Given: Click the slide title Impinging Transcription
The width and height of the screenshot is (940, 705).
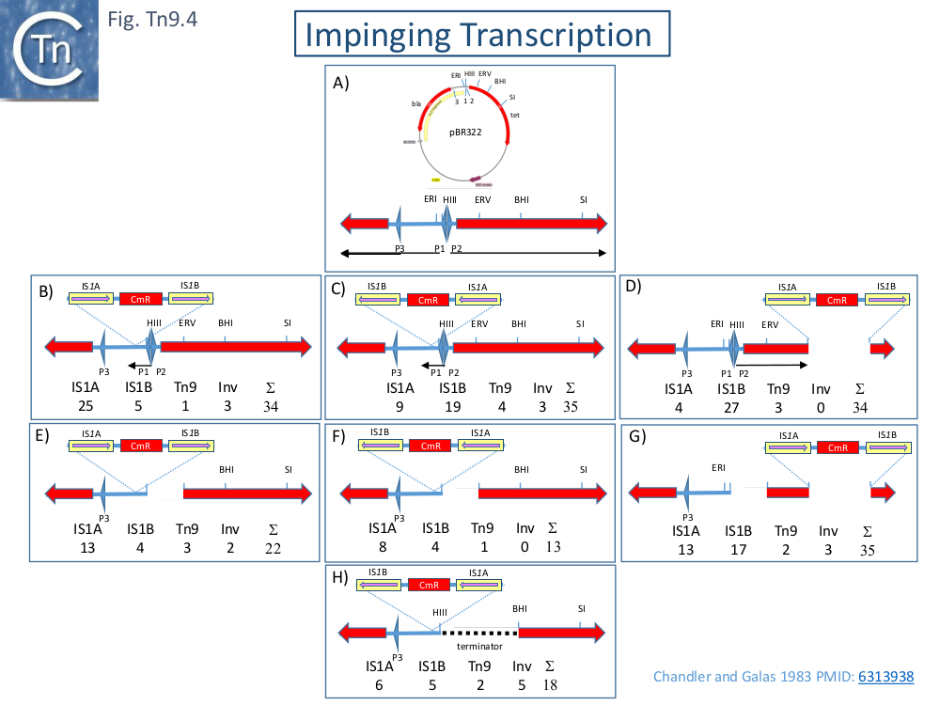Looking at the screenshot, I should (478, 35).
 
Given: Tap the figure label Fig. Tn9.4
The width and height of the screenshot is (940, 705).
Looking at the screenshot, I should (154, 17).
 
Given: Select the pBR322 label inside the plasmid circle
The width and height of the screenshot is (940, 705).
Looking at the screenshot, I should (464, 133).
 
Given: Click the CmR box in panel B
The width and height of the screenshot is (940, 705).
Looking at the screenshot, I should (140, 299).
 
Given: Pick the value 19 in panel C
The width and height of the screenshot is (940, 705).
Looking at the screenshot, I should (452, 406).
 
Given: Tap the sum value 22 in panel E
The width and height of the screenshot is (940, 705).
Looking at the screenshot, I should (273, 548).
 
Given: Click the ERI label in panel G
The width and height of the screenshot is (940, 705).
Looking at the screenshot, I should (718, 467).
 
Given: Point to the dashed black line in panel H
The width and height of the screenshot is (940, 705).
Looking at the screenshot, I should (479, 633).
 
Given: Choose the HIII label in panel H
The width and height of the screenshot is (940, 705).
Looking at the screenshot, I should (441, 612).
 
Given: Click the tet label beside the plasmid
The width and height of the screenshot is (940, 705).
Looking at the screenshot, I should (515, 115).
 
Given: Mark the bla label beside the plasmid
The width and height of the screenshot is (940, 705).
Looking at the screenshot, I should (415, 104).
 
